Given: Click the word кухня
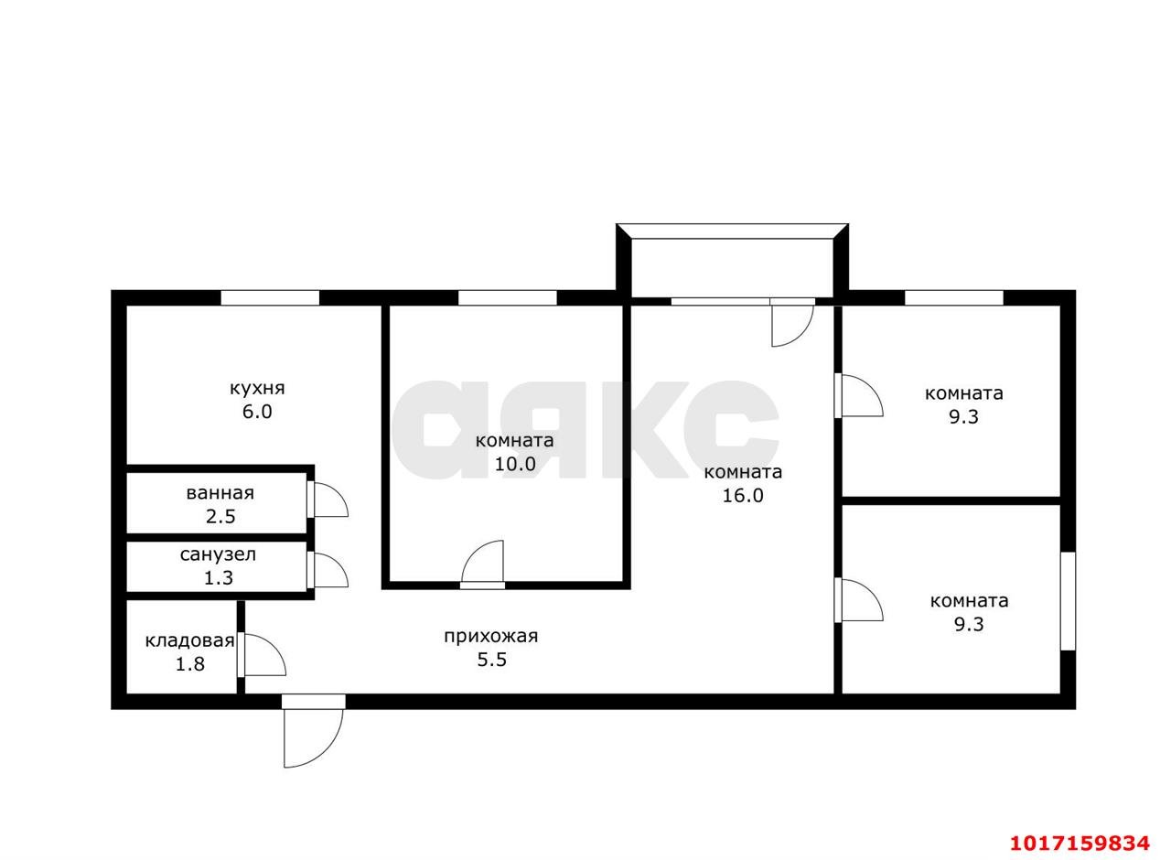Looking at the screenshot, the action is coord(257,389).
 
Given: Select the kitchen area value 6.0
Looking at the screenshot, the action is coord(257,412).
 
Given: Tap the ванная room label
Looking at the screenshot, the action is coord(220,493).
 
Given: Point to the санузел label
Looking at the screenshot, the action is coord(218,554).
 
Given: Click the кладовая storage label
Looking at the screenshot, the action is coord(189,640).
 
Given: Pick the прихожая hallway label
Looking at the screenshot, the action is coord(491,636).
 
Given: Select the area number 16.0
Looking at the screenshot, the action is coord(743,496).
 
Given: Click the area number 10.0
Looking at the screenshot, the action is coord(515,464).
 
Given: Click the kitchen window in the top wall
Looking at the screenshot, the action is coord(270,297).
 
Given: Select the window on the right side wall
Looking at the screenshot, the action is coord(1068,601).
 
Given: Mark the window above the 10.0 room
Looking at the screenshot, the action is coord(507,297).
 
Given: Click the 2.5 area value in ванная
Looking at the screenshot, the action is coord(220,517).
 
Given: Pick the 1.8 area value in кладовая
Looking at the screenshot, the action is coord(189,664).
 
